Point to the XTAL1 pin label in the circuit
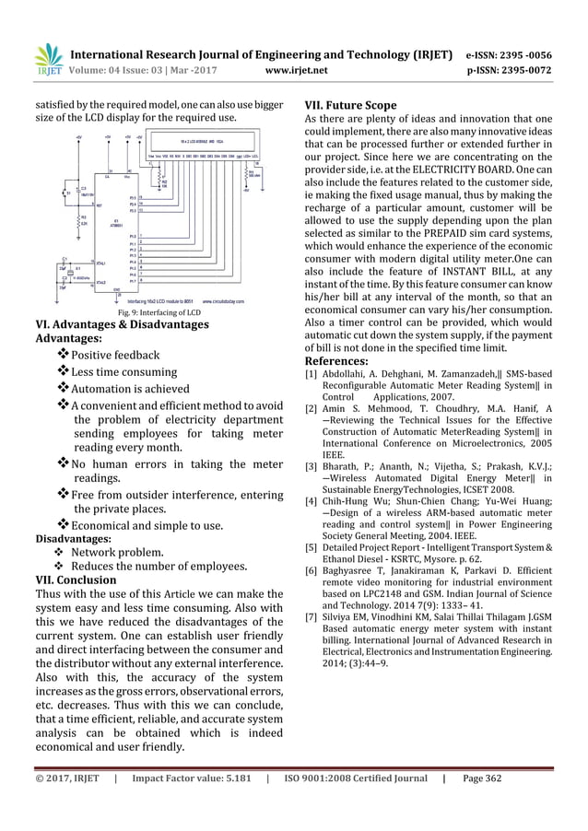[x=102, y=263]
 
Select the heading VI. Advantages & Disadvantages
[x=121, y=324]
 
